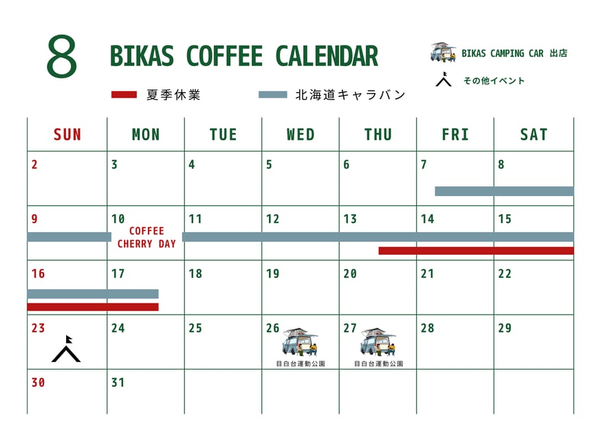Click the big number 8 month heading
[x=62, y=56]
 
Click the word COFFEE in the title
[x=224, y=56]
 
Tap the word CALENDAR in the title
[x=327, y=56]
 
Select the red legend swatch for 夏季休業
[x=124, y=95]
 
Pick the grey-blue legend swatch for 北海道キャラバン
[x=273, y=95]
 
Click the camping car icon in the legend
[x=443, y=52]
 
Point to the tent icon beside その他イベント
[x=444, y=79]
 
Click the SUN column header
[x=67, y=135]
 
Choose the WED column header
[x=300, y=135]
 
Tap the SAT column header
[x=534, y=135]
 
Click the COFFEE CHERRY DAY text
[x=146, y=237]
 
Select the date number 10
[x=118, y=219]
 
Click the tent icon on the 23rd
[x=66, y=349]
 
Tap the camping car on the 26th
[x=300, y=342]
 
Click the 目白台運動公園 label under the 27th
[x=378, y=363]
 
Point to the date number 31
[x=118, y=383]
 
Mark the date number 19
[x=273, y=273]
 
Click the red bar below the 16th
[x=93, y=307]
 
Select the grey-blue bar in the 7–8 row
[x=505, y=191]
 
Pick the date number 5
[x=269, y=165]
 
